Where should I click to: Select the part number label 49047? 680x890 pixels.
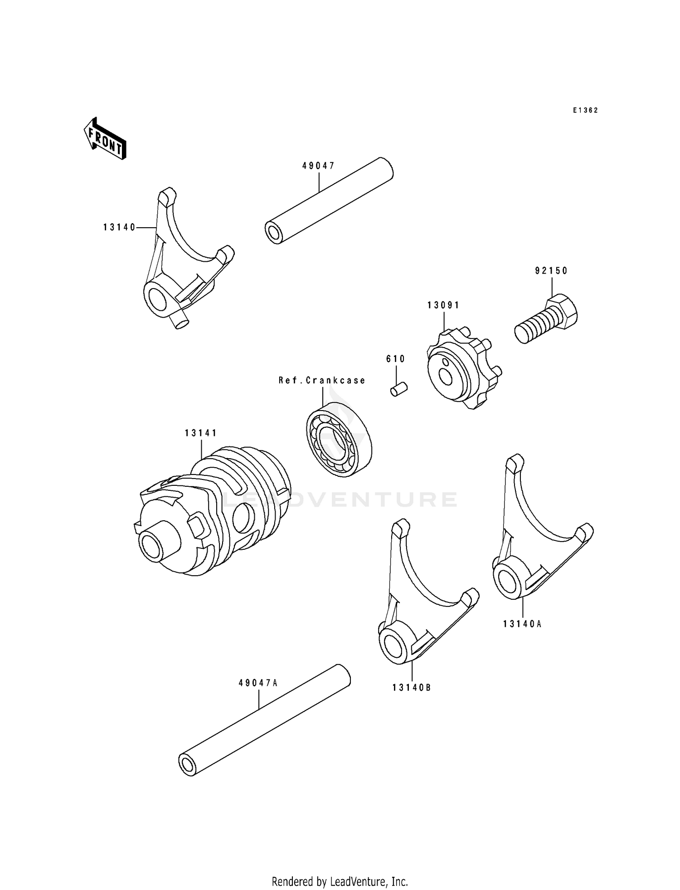coord(319,166)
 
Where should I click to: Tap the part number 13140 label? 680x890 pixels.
coord(120,228)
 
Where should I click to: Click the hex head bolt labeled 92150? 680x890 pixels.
coord(548,319)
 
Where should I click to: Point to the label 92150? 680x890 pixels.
coord(551,271)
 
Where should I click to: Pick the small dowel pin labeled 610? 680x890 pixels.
coord(399,389)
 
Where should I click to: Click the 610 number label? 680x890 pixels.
coord(395,359)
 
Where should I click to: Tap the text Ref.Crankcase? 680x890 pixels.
coord(322,380)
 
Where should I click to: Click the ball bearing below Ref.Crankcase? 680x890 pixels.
coord(339,439)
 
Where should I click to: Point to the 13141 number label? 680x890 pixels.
coord(201,433)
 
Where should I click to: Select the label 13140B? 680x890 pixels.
coord(412,688)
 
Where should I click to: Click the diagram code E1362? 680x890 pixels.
coord(585,110)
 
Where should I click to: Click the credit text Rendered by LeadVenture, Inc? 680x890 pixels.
coord(340,881)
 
